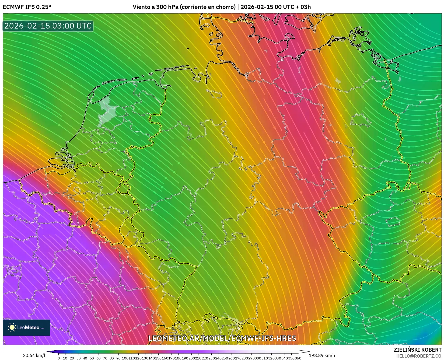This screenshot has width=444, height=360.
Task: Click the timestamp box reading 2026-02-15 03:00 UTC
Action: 48,26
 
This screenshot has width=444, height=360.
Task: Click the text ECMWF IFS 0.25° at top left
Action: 27,7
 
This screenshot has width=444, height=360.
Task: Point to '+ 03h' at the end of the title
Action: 303,7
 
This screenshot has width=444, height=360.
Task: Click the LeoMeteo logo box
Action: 26,327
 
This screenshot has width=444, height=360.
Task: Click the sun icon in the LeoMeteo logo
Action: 12,327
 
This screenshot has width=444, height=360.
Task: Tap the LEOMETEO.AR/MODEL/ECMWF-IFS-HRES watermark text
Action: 222,338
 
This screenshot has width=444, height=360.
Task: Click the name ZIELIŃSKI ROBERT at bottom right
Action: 418,350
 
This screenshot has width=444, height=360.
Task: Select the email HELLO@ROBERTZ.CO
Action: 419,356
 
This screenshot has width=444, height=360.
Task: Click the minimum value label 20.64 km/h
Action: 34,355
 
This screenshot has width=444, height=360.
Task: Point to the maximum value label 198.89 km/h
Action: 322,355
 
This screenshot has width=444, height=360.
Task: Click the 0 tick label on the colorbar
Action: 59,358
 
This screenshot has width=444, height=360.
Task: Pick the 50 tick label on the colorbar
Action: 92,358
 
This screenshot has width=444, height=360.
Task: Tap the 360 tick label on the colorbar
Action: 298,358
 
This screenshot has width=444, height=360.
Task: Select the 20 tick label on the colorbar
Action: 72,358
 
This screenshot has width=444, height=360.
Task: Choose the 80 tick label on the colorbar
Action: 112,358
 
